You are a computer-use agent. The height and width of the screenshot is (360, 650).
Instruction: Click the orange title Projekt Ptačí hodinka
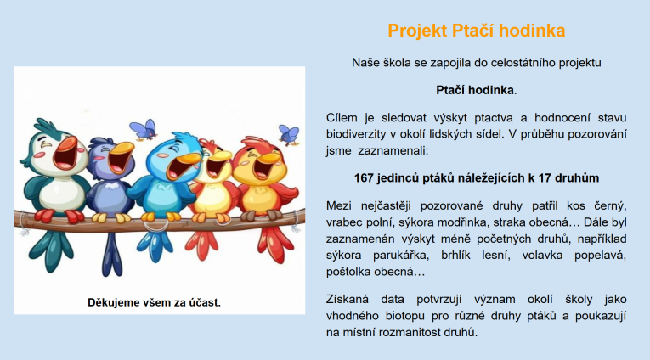(x=477, y=31)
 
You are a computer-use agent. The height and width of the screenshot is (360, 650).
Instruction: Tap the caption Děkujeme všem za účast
(x=154, y=302)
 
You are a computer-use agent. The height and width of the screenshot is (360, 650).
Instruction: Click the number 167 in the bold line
(x=364, y=178)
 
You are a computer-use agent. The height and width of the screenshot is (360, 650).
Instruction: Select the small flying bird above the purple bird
(x=144, y=129)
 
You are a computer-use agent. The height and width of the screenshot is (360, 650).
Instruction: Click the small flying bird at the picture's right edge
(x=289, y=135)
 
